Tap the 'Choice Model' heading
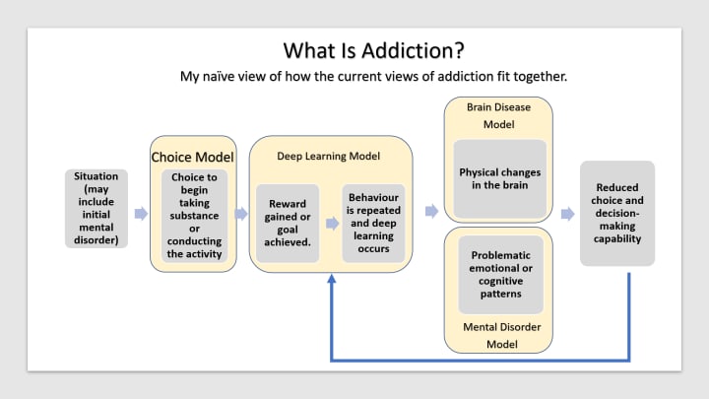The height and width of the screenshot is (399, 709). coord(193,157)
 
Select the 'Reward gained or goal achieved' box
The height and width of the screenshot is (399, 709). coord(288,222)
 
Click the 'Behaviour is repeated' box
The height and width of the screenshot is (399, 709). coord(373,222)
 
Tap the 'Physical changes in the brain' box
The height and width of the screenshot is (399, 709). coord(499,178)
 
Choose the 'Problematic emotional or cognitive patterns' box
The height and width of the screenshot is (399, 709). coord(500,274)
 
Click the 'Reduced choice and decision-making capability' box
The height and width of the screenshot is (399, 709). coord(616,212)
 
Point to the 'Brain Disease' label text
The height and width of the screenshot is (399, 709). coord(499,106)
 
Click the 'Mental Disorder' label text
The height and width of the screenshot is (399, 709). coord(499,325)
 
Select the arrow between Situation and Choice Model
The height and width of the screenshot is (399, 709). coord(141,213)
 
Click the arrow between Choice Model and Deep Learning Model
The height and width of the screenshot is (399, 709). coord(241,213)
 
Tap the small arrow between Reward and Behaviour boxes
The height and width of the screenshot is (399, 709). coord(331,223)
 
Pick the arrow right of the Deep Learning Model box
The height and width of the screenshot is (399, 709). coord(431,211)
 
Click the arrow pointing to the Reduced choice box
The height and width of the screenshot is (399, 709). coord(567,213)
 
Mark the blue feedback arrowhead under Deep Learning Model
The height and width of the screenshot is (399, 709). coord(332,281)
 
